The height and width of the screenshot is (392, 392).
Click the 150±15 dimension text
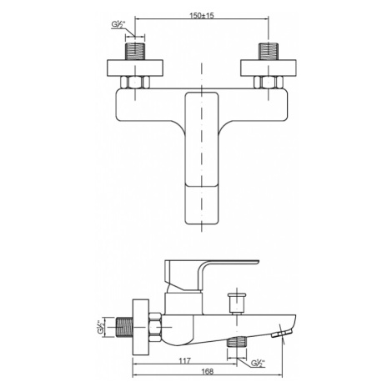202,15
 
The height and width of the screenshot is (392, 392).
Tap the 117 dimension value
185,361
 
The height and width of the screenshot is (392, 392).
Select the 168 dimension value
208,371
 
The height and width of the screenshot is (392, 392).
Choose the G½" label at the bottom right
258,364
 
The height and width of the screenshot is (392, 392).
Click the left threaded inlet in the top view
135,52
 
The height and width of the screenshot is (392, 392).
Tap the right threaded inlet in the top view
269,52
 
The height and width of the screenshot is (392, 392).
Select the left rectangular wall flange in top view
135,68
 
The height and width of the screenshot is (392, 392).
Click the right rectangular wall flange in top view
269,68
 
